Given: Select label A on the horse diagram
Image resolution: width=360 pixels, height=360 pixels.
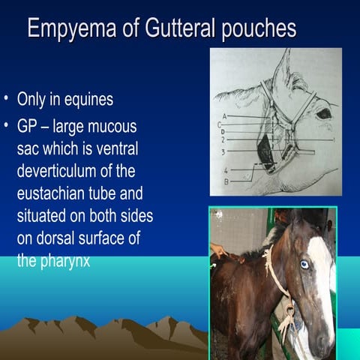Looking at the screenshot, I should pyautogui.click(x=224, y=116).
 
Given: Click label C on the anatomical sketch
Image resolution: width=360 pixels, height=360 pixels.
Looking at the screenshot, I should pyautogui.click(x=220, y=124).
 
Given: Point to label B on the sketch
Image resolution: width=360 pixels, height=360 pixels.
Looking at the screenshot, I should pyautogui.click(x=225, y=181).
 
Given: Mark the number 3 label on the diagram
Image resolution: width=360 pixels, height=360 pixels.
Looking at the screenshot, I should pyautogui.click(x=223, y=151).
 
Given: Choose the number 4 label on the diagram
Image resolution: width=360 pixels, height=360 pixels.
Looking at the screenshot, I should pyautogui.click(x=225, y=172).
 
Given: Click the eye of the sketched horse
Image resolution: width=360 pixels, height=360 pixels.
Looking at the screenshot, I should pyautogui.click(x=323, y=115).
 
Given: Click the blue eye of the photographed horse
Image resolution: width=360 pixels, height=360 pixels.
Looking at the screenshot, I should pyautogui.click(x=304, y=264).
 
